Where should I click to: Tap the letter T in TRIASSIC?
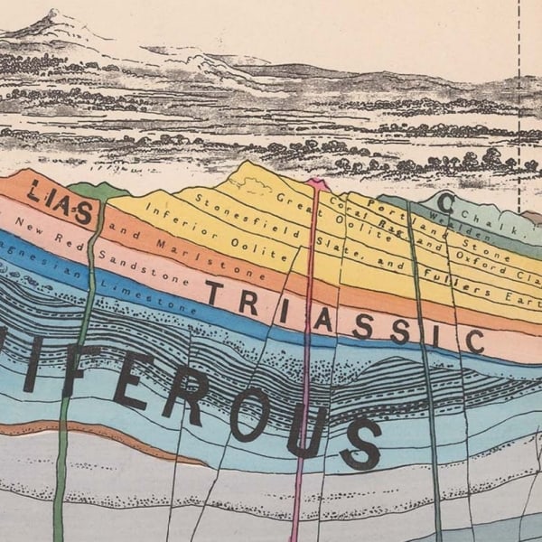[x=214, y=292]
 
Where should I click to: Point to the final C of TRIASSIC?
[x=474, y=341]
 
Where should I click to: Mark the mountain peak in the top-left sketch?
[x=54, y=14]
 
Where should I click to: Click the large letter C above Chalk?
[x=445, y=201]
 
